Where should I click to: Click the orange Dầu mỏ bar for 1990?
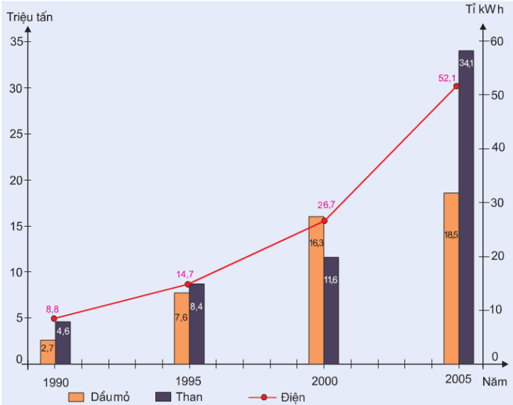[x=48, y=351]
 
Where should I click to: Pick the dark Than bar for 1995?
[x=197, y=323]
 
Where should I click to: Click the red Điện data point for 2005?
[x=456, y=86]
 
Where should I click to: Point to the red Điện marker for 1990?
[x=54, y=318]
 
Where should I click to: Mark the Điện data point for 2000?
[x=324, y=221]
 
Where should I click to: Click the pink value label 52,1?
[x=448, y=78]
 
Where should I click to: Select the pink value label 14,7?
[x=186, y=274]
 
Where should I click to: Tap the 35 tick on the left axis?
[x=15, y=42]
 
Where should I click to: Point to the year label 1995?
[x=189, y=381]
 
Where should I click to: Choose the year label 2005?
[x=458, y=379]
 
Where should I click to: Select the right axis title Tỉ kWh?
[x=485, y=11]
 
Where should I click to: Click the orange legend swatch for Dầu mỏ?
[x=77, y=396]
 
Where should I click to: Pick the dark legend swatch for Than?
[x=163, y=396]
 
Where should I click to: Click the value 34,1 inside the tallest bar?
[x=466, y=64]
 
